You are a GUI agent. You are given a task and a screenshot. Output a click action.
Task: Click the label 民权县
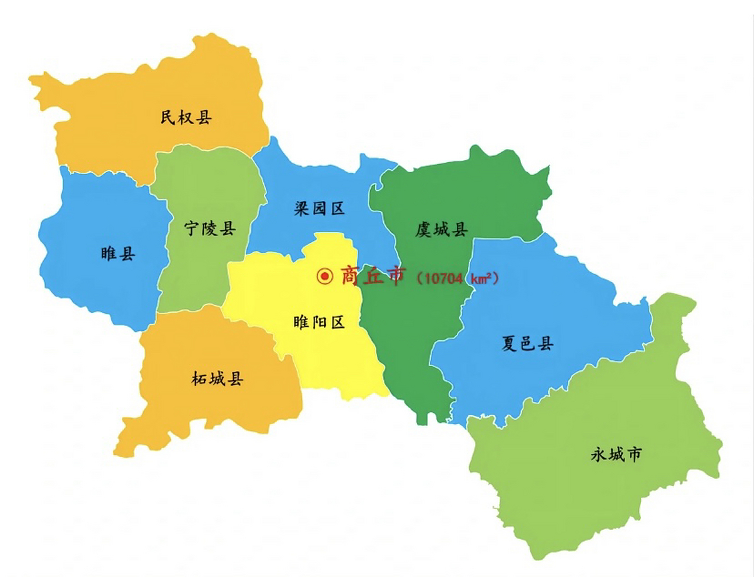tap(186, 118)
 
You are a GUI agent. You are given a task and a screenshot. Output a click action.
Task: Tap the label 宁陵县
tap(210, 229)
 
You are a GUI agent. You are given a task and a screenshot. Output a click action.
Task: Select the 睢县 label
tap(118, 253)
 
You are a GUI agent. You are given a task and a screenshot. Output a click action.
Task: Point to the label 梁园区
tap(319, 208)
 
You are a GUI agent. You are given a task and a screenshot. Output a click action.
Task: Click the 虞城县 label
tap(441, 229)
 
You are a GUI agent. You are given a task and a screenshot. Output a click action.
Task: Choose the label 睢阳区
tap(319, 322)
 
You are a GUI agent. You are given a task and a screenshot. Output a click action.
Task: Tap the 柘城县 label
tap(217, 379)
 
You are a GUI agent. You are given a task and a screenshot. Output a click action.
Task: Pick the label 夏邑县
tap(527, 343)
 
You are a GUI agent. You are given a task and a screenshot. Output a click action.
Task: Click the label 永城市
tap(616, 454)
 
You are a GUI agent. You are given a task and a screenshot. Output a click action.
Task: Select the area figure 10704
tap(444, 279)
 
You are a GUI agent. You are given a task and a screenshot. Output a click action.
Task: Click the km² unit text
tap(481, 279)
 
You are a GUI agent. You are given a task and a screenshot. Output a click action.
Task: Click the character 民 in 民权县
tap(168, 118)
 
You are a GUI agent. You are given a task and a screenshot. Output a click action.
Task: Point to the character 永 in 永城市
tap(598, 454)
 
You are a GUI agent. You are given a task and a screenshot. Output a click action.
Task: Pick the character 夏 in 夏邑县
tap(510, 343)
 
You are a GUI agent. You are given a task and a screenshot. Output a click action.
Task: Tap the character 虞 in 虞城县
tap(424, 229)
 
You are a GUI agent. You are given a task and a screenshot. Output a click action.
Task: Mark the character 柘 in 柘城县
tap(200, 379)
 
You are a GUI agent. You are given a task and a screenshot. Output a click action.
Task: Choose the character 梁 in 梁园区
tap(302, 208)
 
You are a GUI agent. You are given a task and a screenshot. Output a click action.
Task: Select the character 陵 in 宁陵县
tap(210, 229)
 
